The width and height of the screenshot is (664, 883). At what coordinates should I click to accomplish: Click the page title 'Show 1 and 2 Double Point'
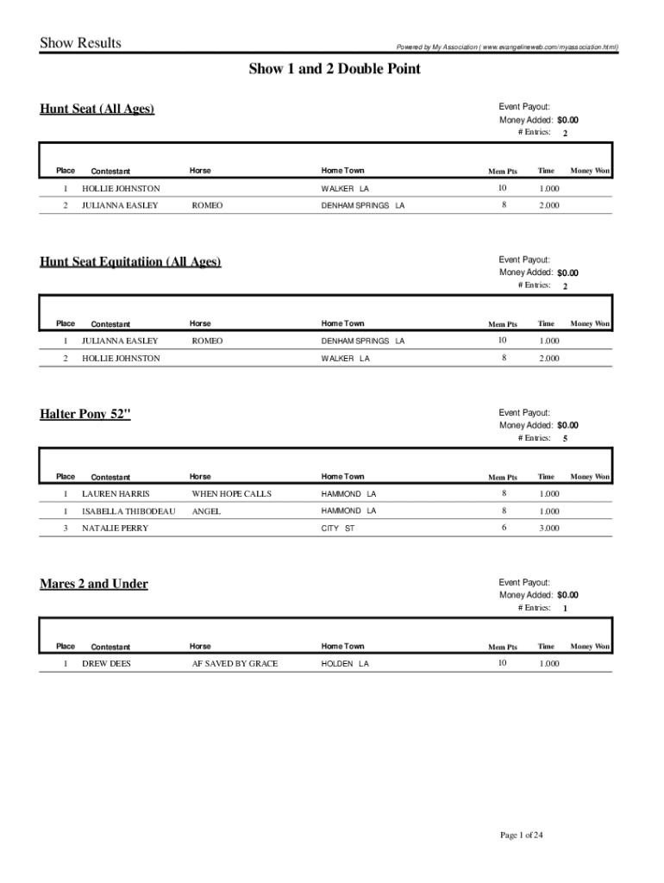click(335, 69)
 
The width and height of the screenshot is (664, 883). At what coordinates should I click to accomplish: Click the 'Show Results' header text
click(80, 43)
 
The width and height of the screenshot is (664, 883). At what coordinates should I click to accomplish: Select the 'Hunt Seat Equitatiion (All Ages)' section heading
click(130, 261)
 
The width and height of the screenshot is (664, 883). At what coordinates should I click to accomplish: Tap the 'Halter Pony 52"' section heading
click(85, 414)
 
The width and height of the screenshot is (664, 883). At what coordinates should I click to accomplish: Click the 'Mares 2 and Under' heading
click(94, 584)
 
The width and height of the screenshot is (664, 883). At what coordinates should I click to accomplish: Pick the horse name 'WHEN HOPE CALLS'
click(231, 494)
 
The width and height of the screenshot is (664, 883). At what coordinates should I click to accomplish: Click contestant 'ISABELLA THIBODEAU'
click(128, 511)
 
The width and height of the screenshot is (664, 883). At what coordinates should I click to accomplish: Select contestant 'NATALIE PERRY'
click(115, 529)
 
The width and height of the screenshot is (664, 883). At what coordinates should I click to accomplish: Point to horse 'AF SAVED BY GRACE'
click(235, 664)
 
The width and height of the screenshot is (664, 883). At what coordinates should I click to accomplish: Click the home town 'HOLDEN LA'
click(345, 664)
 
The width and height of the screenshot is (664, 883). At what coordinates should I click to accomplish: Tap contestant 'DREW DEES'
click(106, 664)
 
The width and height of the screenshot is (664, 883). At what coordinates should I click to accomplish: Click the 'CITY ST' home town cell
click(338, 529)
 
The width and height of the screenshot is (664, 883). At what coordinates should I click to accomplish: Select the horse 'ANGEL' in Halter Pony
click(206, 511)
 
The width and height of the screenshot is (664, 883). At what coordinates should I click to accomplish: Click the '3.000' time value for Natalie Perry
click(549, 529)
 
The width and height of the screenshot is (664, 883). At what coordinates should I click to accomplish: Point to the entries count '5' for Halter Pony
click(565, 439)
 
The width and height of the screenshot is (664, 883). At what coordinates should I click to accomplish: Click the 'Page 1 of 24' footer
click(522, 836)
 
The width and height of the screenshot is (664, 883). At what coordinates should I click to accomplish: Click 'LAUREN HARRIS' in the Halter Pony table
click(116, 494)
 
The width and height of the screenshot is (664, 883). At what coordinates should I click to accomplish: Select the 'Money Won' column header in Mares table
click(590, 647)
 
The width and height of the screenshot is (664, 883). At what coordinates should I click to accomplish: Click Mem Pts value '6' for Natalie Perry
click(504, 528)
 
